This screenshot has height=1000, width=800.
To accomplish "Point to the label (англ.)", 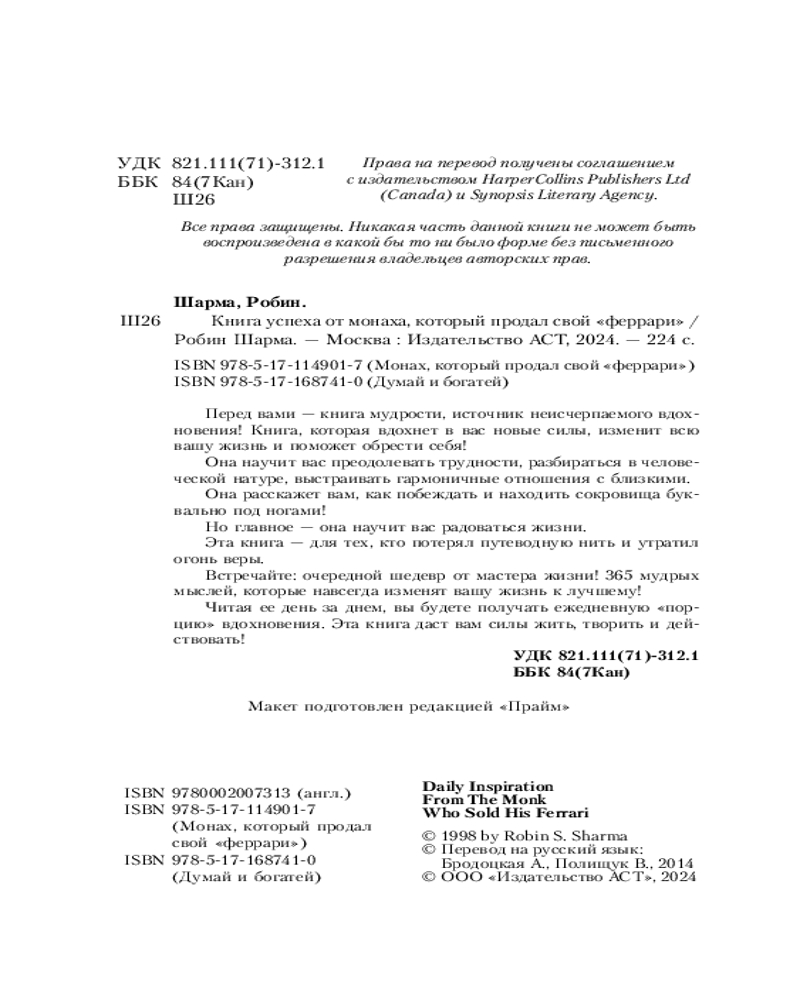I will (319, 791).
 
